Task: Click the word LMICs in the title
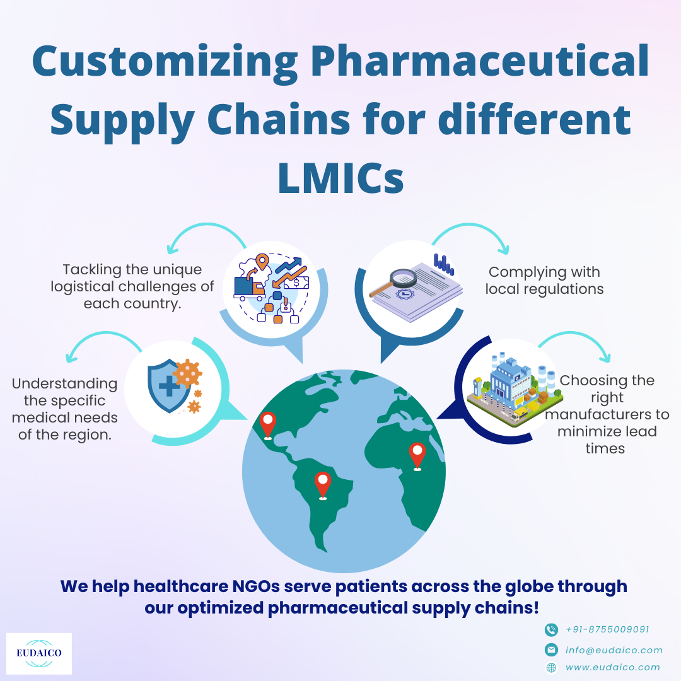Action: point(341,178)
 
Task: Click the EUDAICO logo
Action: point(39,653)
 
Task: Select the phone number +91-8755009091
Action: point(607,629)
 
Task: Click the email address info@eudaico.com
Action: point(614,650)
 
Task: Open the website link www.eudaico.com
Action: point(612,667)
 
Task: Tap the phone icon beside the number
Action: point(551,629)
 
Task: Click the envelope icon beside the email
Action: point(551,649)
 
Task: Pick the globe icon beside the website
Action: point(551,668)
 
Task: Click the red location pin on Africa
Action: point(417,456)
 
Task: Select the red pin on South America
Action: point(323,486)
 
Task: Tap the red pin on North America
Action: point(267,426)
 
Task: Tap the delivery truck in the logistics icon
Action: point(249,288)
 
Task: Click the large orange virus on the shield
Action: point(187,373)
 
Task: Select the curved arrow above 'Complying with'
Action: point(470,230)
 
